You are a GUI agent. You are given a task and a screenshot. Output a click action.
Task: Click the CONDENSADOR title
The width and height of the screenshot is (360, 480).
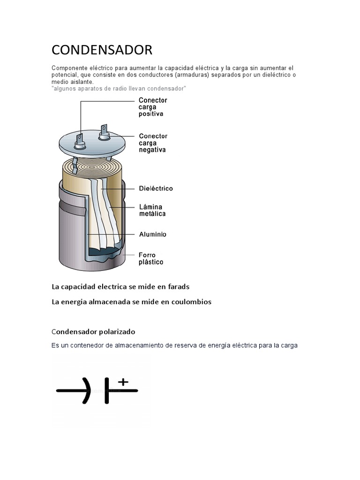point(102,50)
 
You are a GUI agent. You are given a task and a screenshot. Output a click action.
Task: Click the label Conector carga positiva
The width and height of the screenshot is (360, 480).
point(153,107)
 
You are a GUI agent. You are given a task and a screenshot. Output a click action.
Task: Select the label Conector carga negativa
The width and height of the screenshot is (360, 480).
point(153,143)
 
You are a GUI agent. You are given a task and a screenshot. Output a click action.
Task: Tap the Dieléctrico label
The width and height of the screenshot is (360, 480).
point(156,188)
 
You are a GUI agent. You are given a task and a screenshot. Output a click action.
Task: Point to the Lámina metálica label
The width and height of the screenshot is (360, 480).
point(152,210)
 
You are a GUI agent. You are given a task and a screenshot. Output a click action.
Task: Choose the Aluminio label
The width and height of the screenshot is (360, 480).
point(152,234)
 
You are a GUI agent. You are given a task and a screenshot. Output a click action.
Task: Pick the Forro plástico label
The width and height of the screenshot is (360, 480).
point(151,259)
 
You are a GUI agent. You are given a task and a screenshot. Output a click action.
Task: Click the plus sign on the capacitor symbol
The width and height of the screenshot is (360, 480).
point(123,382)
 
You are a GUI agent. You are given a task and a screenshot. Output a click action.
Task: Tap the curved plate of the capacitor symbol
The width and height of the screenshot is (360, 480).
point(87,390)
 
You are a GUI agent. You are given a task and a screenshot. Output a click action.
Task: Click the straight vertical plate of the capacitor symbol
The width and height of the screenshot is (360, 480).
point(107,390)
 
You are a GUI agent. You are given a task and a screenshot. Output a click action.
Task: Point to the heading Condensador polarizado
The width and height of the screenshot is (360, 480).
point(93,332)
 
